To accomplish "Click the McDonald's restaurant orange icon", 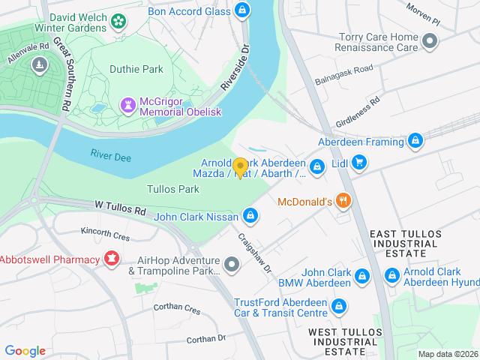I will pos(343,200).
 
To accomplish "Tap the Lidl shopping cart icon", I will pos(359,162).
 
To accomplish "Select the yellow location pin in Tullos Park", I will pos(240,168).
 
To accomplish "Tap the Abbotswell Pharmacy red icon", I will pos(112,259).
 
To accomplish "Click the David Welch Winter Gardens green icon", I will pos(118,20).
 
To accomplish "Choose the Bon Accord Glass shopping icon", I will pos(241,10).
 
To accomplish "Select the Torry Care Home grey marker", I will pos(429,41).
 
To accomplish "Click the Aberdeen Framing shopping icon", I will pos(415,141).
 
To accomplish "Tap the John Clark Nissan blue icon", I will pos(251,217).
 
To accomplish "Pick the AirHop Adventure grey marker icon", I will pos(232,264).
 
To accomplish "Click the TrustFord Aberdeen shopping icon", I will pos(339,306).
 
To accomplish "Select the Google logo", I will pos(25,350).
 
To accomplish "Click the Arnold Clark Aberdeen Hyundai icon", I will pos(391,276).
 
